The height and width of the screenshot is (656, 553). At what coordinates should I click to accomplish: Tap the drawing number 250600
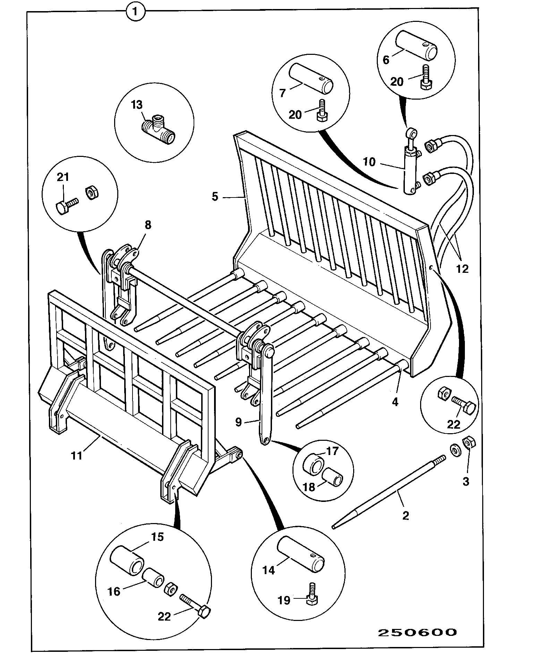[417, 632]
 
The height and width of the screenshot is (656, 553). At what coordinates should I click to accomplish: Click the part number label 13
[137, 104]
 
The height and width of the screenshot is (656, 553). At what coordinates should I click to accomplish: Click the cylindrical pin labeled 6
[419, 45]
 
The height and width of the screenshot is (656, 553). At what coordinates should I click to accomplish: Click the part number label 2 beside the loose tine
[406, 515]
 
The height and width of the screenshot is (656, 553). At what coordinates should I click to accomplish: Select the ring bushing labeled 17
[314, 467]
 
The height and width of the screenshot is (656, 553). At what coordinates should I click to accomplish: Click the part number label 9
[238, 422]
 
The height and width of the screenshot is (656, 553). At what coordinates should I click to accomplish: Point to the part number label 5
[215, 197]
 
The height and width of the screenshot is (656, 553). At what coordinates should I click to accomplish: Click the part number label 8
[148, 225]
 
